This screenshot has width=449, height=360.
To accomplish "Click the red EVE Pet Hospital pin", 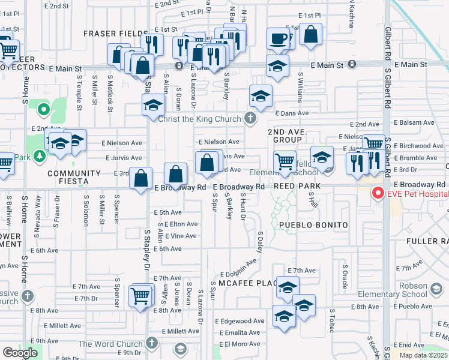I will (x=378, y=193).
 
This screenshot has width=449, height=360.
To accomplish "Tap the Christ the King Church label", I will (x=199, y=119).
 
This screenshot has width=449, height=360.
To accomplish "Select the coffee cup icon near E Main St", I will (x=278, y=38).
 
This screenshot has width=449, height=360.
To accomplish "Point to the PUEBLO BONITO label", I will (x=313, y=225).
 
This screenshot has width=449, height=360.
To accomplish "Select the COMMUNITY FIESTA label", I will (x=68, y=177).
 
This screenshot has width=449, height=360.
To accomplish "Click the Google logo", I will (x=20, y=353).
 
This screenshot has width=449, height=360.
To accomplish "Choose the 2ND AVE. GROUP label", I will (x=287, y=135).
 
